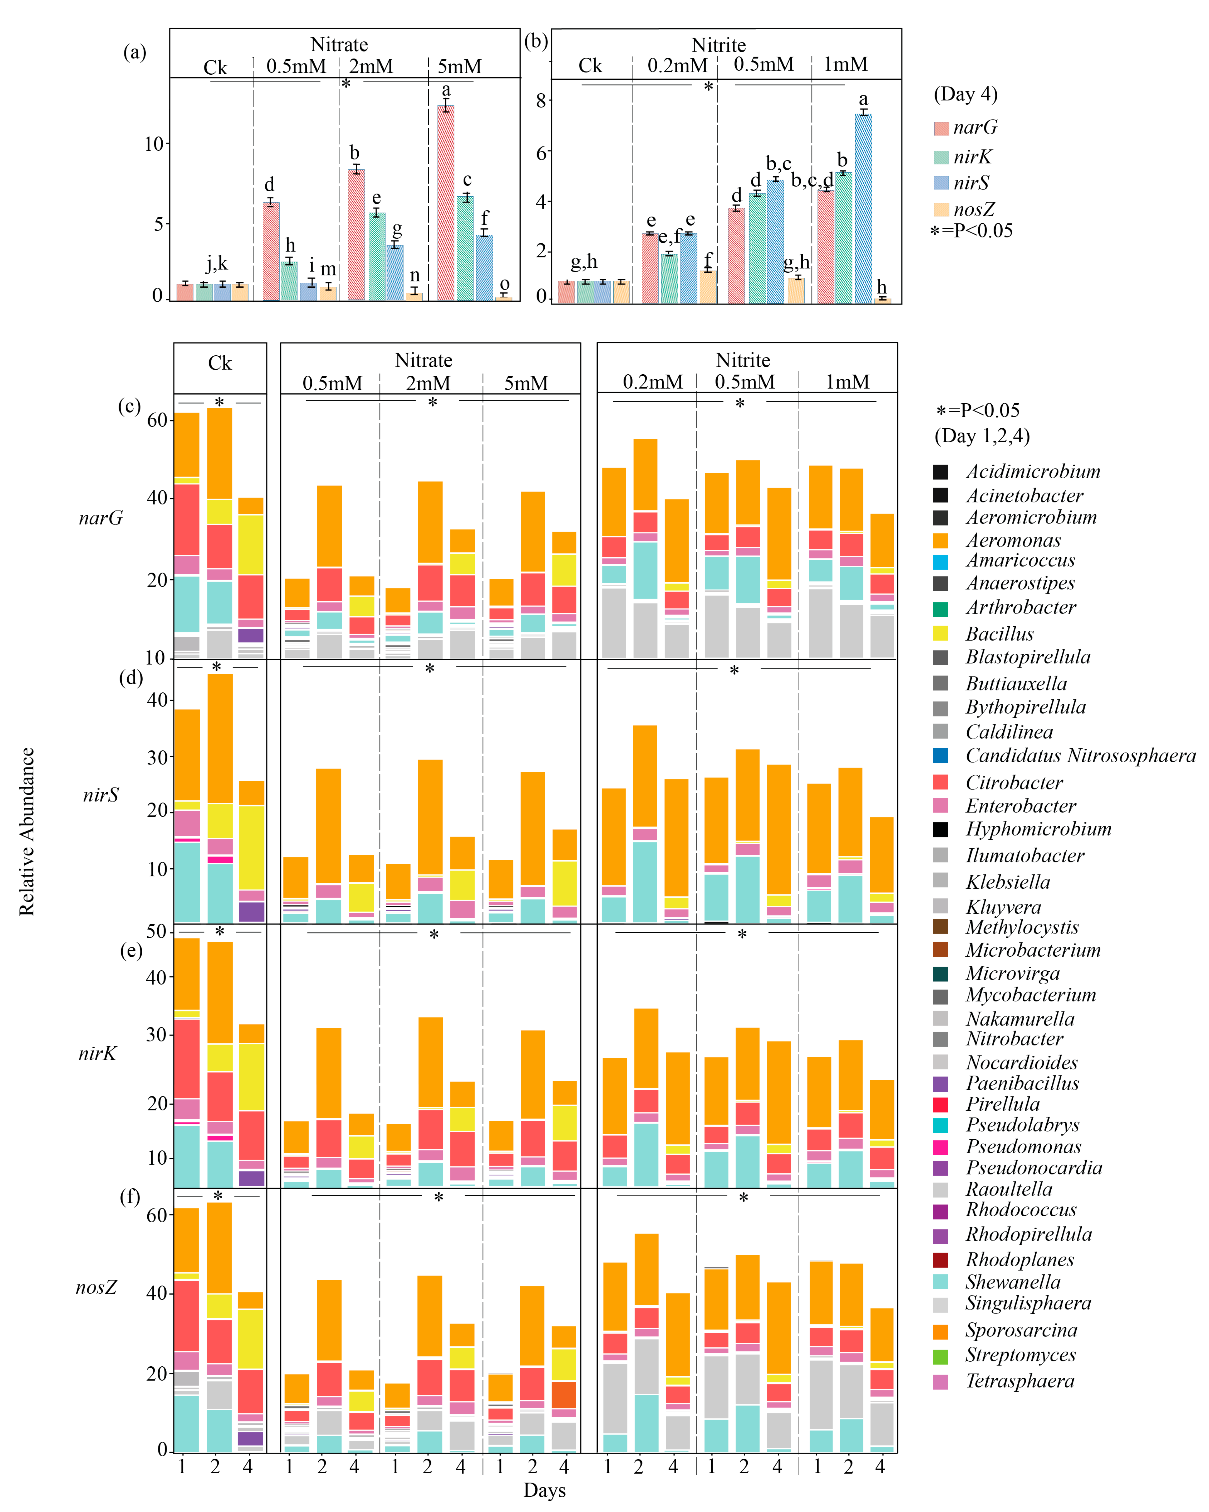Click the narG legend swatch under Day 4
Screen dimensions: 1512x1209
coord(941,128)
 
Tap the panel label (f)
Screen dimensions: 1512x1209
coord(130,1196)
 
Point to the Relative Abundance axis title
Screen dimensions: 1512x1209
coord(27,831)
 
